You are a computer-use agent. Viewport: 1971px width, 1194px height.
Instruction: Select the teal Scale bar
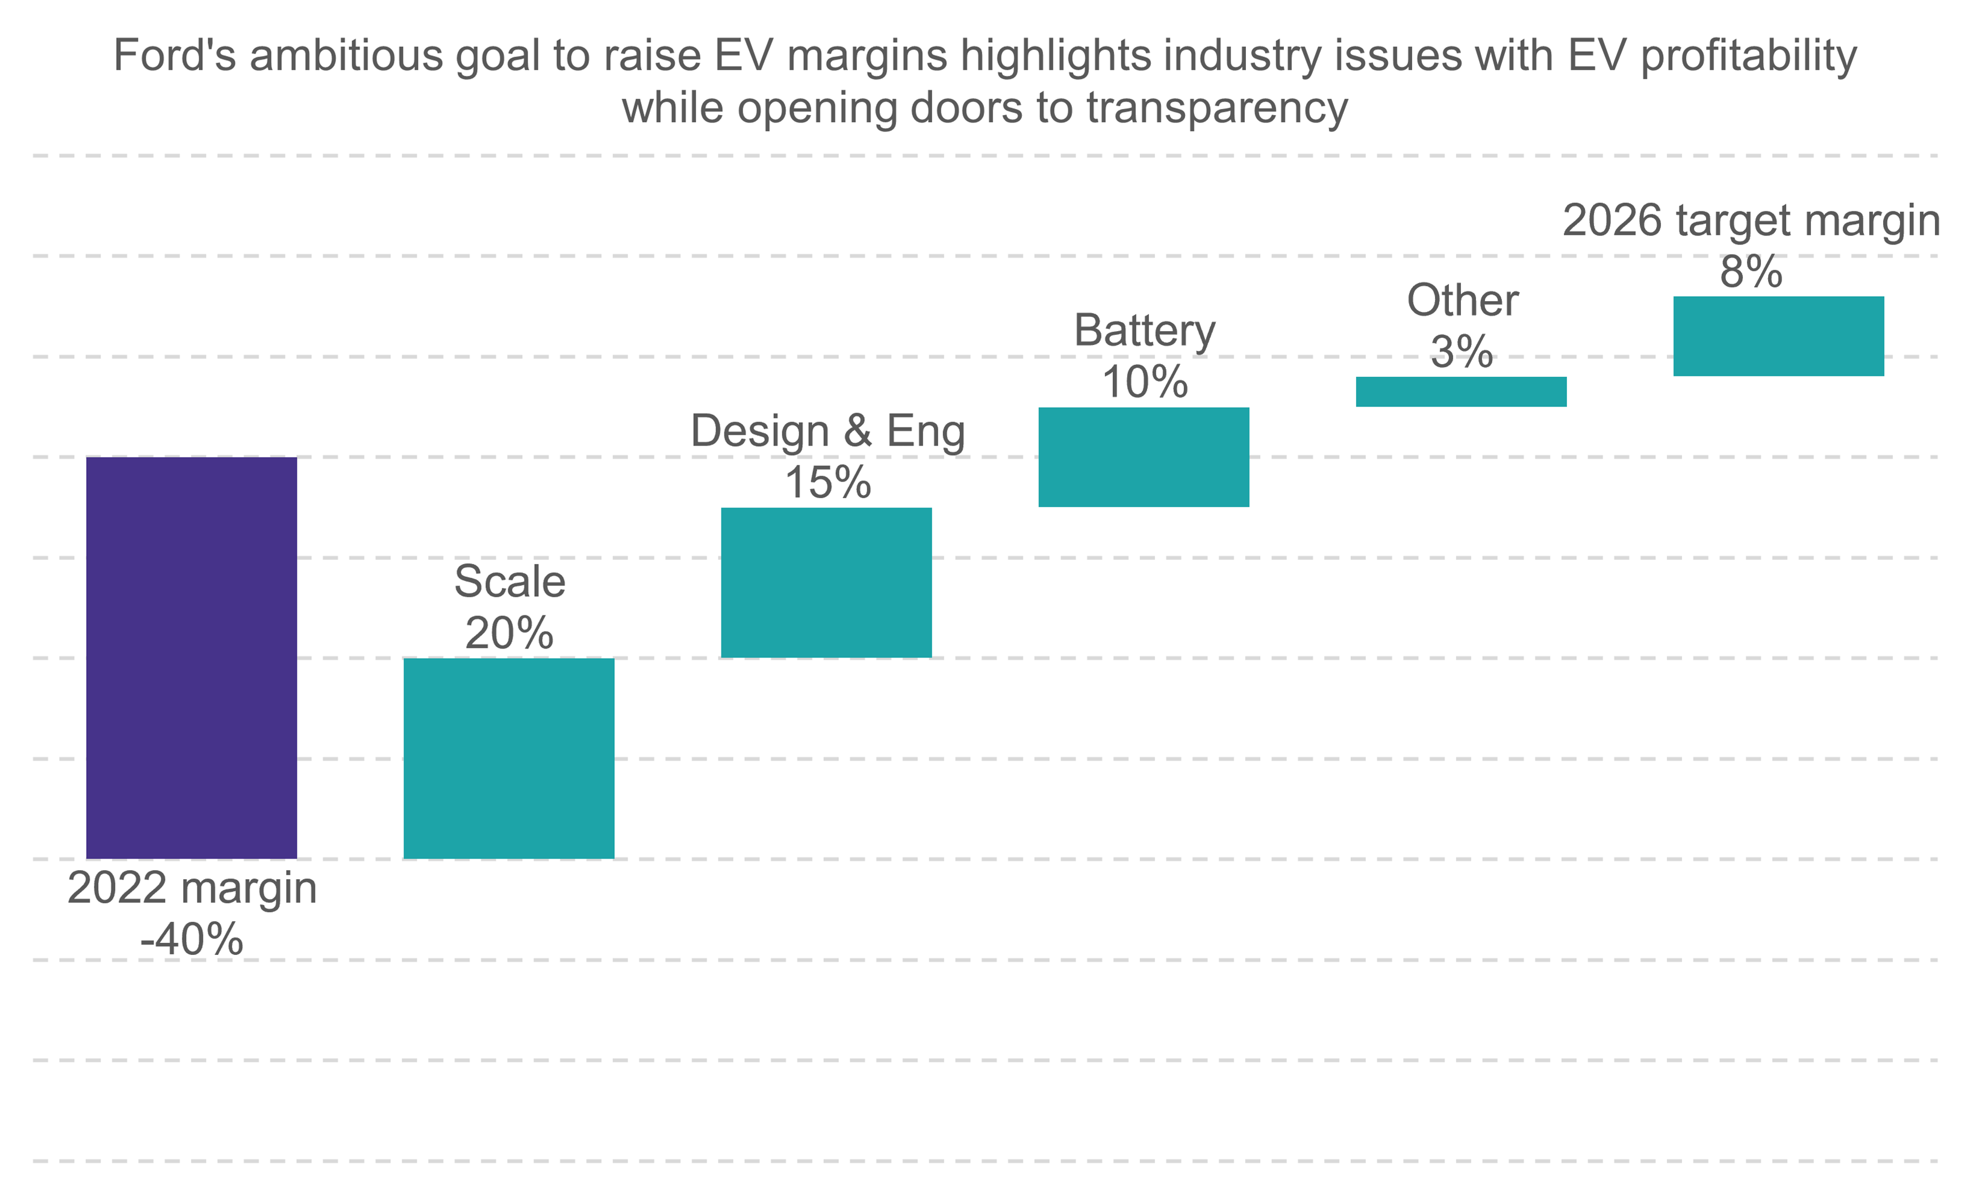pos(509,758)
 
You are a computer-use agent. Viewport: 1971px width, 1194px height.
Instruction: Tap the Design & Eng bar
pos(826,582)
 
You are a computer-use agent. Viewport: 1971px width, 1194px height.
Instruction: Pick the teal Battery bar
pos(1144,456)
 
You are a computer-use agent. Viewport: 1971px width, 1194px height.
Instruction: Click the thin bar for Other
pos(1462,392)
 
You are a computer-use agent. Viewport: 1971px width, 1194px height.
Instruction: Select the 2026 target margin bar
pos(1779,336)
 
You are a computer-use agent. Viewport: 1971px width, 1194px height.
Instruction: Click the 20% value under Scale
pos(509,633)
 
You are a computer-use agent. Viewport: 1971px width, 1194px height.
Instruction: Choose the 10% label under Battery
pos(1144,382)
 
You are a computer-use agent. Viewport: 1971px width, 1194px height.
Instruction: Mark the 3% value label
pos(1462,352)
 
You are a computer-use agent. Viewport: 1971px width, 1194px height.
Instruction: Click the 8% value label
pos(1751,272)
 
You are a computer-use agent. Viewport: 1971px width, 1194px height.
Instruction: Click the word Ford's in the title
pos(175,56)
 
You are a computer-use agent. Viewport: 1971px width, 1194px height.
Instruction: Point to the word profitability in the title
pos(1749,56)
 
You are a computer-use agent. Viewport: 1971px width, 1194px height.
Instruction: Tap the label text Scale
pos(509,582)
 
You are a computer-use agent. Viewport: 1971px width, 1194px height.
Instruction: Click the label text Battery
pos(1144,331)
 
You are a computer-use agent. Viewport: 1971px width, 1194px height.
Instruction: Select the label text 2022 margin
pos(192,888)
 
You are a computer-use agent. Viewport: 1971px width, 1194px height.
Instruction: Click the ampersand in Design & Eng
pos(858,431)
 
